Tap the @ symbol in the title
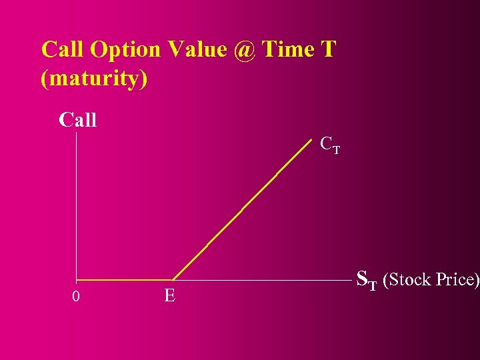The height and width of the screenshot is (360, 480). tap(245, 50)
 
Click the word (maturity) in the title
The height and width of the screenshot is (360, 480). tap(94, 78)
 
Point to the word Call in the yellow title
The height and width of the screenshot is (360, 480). tap(63, 49)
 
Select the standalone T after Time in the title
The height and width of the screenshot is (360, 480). tap(327, 49)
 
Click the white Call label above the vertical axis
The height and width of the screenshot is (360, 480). tap(78, 121)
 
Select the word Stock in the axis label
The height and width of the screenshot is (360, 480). tap(409, 279)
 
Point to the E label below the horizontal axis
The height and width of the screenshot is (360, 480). tap(170, 295)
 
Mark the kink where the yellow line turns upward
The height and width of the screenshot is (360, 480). tap(173, 279)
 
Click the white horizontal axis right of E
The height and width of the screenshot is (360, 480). tap(267, 279)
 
